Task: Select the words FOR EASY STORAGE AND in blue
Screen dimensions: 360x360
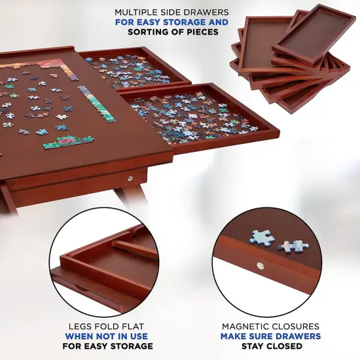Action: [x=171, y=22]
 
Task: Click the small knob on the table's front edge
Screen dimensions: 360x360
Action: [x=130, y=177]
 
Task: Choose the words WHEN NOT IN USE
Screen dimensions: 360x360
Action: [x=105, y=336]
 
